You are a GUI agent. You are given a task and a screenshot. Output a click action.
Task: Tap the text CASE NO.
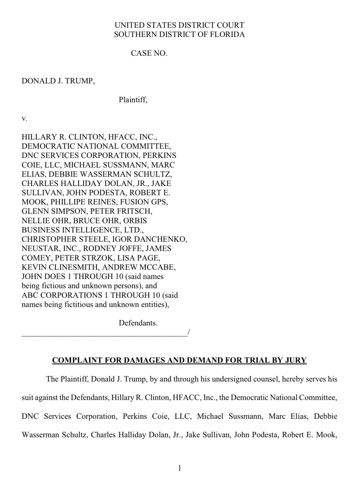pyautogui.click(x=149, y=53)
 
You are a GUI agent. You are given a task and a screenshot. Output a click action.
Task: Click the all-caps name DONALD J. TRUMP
pyautogui.click(x=57, y=81)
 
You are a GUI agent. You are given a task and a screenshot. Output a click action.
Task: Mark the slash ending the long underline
pyautogui.click(x=189, y=332)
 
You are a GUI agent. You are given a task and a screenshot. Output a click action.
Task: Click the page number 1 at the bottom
pyautogui.click(x=180, y=468)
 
